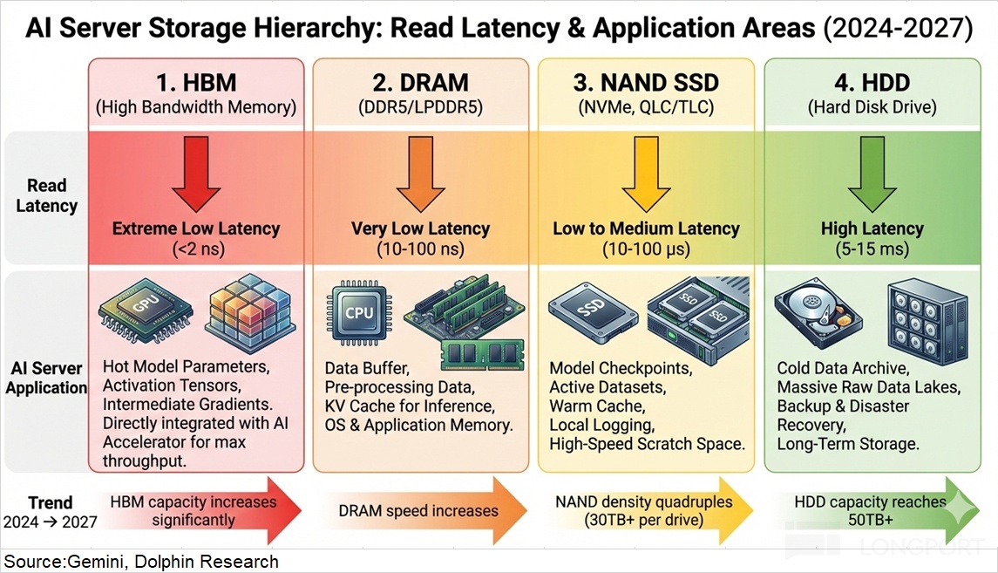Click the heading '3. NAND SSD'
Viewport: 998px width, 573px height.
(x=646, y=84)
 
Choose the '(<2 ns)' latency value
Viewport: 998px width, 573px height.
(x=196, y=249)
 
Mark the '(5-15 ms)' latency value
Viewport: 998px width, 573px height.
(x=872, y=249)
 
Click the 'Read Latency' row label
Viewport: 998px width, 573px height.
(x=46, y=195)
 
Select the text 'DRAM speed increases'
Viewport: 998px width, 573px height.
(x=419, y=511)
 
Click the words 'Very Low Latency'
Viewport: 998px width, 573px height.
(x=420, y=229)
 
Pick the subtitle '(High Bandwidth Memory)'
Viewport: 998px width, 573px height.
(x=196, y=108)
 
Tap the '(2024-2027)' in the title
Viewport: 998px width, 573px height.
(x=899, y=28)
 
